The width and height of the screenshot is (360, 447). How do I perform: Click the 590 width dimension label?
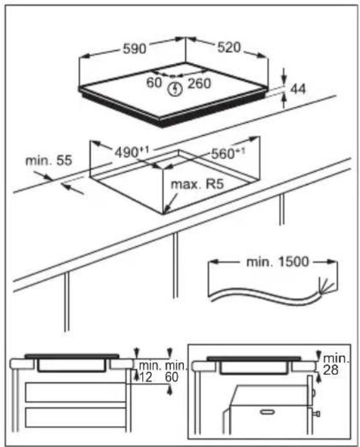coord(134,48)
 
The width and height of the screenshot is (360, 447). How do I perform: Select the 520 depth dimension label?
coord(229,47)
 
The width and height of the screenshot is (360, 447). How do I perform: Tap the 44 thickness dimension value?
coord(298,89)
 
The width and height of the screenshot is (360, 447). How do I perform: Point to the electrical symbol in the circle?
coord(175,88)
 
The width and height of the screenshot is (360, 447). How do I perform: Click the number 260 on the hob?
coord(200,83)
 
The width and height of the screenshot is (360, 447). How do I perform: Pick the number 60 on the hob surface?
coord(154,83)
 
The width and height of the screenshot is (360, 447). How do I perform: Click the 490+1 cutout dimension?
coord(132,152)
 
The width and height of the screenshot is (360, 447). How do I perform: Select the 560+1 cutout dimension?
coord(228,153)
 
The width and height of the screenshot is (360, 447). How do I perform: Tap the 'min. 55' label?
coord(48,160)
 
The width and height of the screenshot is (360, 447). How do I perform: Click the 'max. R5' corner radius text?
coord(197,184)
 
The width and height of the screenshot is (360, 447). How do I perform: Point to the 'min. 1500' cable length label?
coord(277,262)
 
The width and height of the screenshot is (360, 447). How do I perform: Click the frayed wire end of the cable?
coord(326,286)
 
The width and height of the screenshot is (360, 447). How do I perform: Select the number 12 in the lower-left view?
coord(145,377)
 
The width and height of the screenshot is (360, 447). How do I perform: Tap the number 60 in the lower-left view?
coord(172,377)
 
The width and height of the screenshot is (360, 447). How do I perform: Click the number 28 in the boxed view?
coord(331,369)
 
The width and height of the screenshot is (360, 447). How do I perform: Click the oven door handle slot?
coord(268,411)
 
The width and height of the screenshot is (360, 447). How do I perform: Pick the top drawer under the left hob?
coord(76,393)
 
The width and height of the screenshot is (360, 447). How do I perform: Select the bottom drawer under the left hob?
coord(76,417)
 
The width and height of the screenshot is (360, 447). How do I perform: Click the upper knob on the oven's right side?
coord(313,393)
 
